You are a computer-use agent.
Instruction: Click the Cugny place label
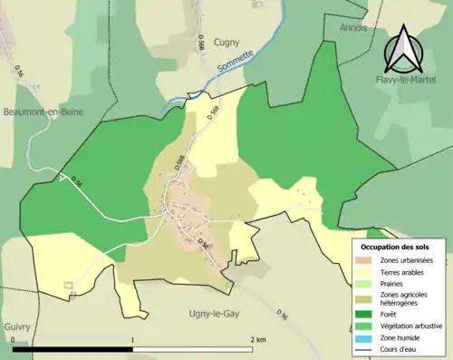pos(226,42)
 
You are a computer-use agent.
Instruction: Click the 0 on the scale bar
pos(14,340)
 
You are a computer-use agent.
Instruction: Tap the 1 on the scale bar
pos(133,340)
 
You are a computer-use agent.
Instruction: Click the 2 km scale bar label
pos(259,340)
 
